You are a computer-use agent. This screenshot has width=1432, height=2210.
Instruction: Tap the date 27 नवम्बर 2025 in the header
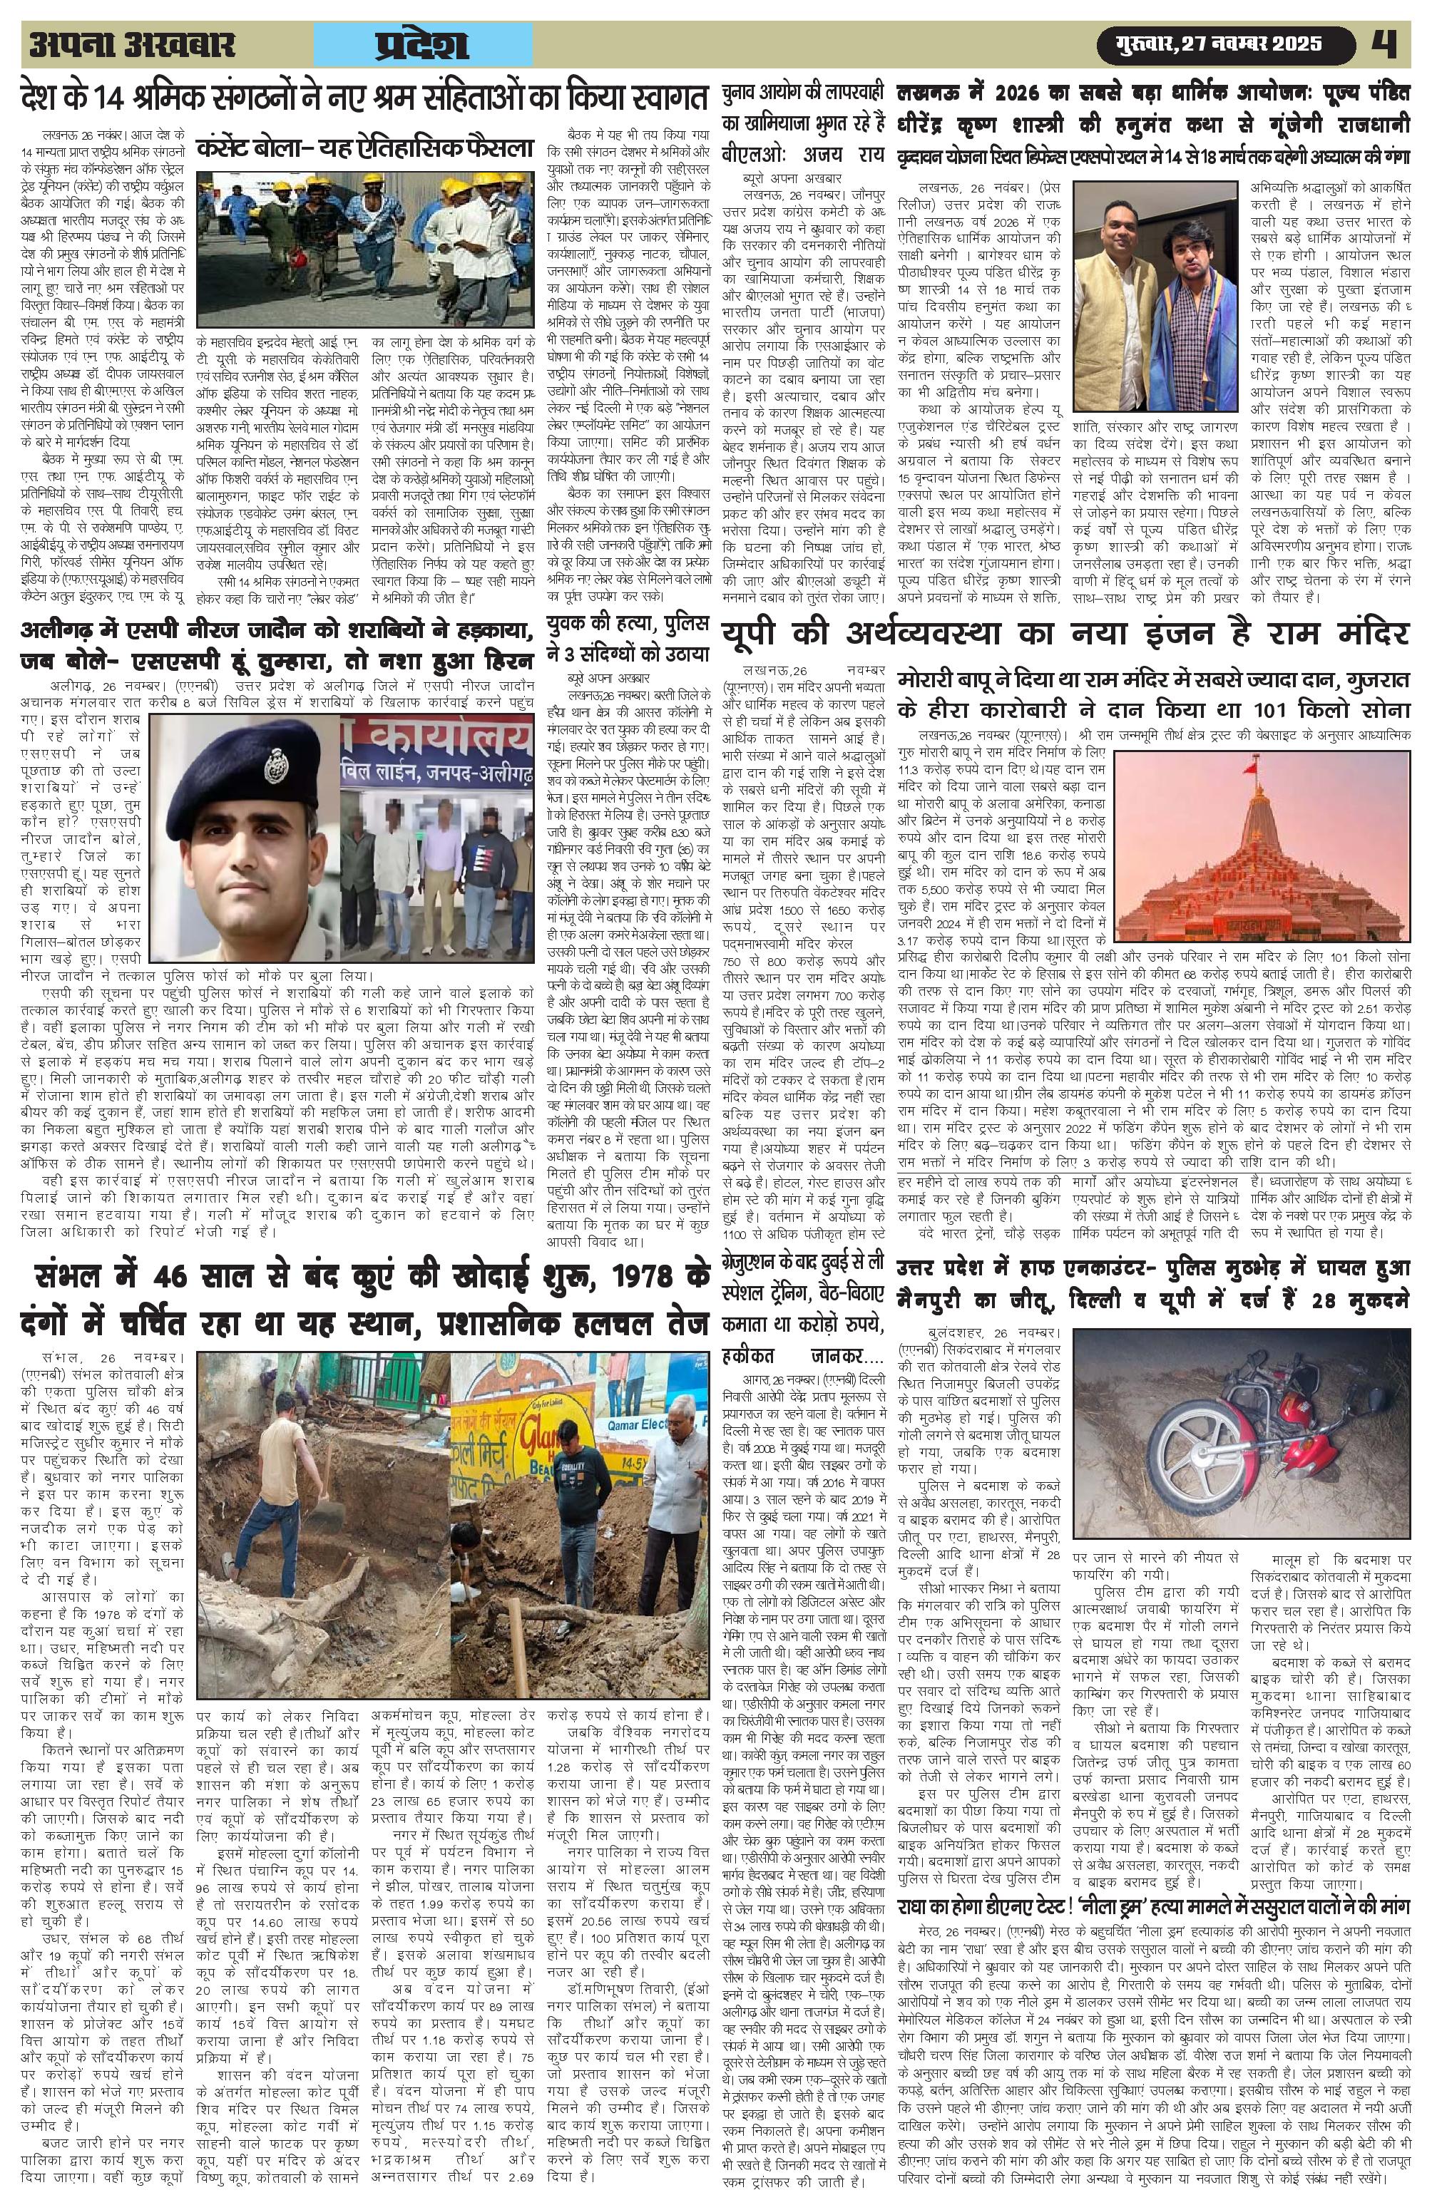click(x=1247, y=43)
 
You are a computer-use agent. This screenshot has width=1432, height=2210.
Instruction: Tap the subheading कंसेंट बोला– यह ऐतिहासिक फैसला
click(x=369, y=148)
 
